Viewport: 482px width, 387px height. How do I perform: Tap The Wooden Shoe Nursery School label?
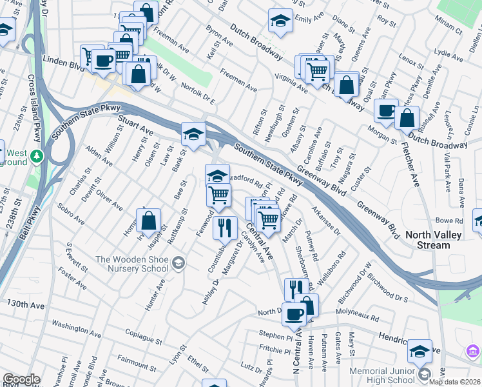pyautogui.click(x=132, y=264)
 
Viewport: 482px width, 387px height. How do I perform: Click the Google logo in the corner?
pyautogui.click(x=21, y=379)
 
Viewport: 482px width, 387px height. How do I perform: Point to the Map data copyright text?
pyautogui.click(x=454, y=382)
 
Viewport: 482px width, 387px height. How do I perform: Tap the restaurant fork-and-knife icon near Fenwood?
pyautogui.click(x=225, y=227)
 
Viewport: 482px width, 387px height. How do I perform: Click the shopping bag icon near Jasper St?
pyautogui.click(x=148, y=220)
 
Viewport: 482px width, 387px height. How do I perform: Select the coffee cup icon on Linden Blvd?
pyautogui.click(x=103, y=61)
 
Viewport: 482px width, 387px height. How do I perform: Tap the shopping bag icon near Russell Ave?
pyautogui.click(x=407, y=118)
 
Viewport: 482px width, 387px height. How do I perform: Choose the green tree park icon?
pyautogui.click(x=37, y=155)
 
